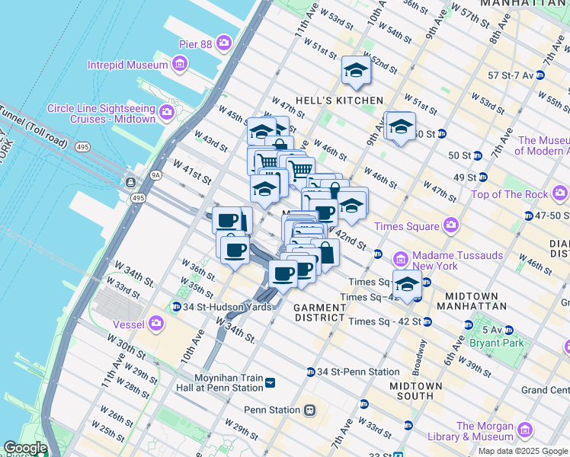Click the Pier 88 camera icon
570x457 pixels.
(224, 42)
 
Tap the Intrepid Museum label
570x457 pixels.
(127, 65)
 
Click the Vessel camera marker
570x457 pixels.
(157, 324)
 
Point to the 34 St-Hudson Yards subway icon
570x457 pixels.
(177, 307)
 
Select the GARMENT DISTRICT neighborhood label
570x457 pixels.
(320, 312)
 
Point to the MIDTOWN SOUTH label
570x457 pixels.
(415, 391)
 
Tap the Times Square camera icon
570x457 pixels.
(451, 225)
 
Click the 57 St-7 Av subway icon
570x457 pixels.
(540, 75)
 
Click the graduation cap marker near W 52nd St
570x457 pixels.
(355, 72)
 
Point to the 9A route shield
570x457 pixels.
(155, 175)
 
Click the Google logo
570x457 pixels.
(24, 449)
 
